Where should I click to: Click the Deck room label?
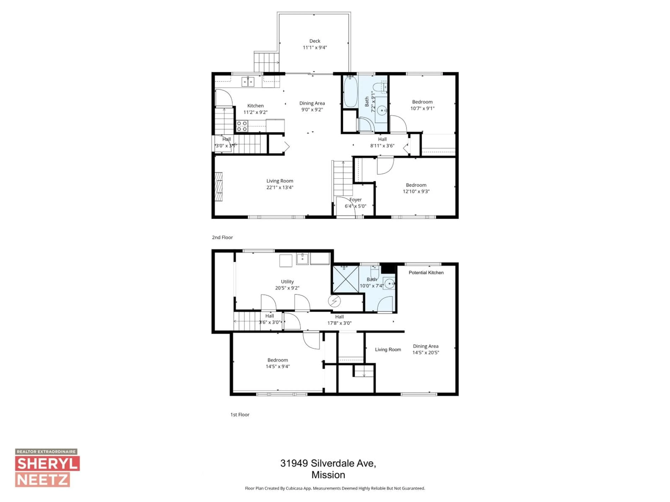tap(315, 41)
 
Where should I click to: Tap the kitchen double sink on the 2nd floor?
tap(248, 82)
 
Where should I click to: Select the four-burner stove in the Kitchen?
tap(242, 126)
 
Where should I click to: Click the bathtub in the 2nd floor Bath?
tap(351, 91)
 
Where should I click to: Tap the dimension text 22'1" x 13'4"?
tap(280, 187)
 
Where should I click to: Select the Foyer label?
tap(355, 200)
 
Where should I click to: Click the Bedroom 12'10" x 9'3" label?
tap(416, 185)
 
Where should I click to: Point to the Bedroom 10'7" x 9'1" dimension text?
tap(422, 108)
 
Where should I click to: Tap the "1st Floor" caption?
tap(240, 414)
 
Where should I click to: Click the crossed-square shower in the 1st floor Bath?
tap(346, 279)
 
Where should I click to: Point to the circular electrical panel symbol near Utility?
tap(334, 301)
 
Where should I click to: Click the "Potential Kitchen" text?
tap(426, 273)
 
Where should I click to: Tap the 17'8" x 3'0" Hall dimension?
tap(339, 323)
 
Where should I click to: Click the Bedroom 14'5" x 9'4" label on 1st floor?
tap(277, 360)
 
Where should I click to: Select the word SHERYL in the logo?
tap(47, 464)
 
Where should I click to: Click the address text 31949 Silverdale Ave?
tap(328, 463)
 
